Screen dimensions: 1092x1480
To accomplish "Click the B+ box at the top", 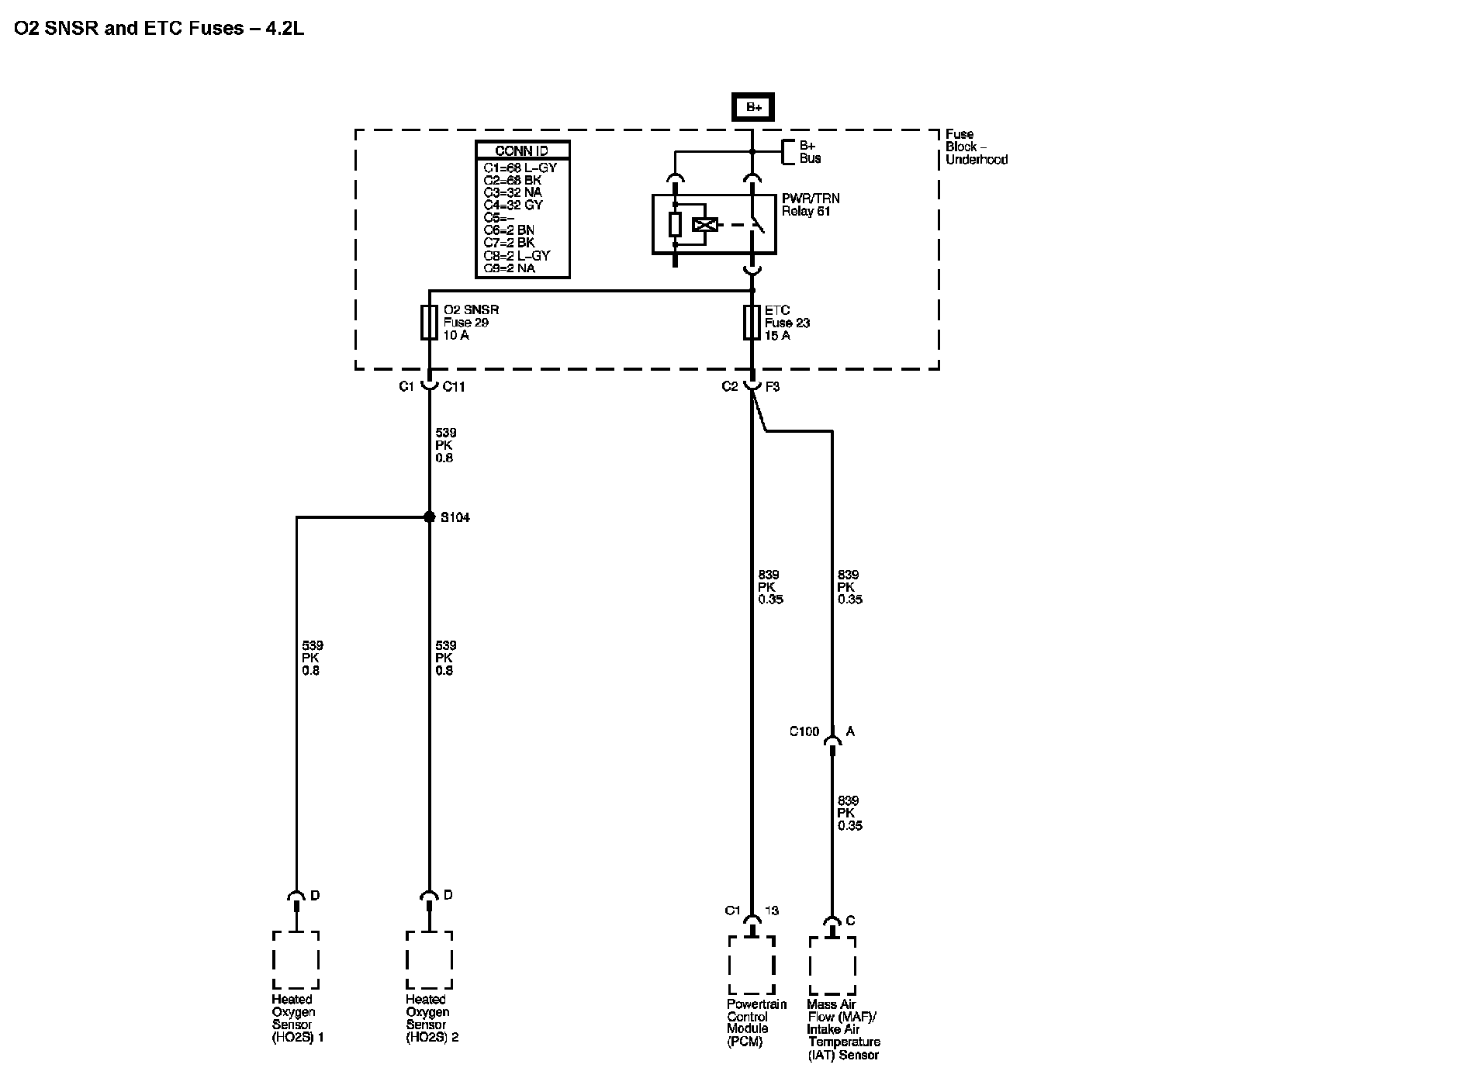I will (x=752, y=107).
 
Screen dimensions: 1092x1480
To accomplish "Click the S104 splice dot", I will (x=430, y=517).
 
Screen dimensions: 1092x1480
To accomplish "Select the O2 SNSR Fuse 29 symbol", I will (x=429, y=322).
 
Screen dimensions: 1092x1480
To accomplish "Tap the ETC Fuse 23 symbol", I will (x=752, y=322).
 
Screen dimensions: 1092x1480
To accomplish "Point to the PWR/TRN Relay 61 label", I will (x=810, y=205).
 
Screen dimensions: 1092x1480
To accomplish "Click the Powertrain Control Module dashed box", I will (x=751, y=965).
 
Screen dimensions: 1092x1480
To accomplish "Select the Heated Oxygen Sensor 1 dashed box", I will (x=296, y=960).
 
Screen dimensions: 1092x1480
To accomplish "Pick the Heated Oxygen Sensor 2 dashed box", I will (x=429, y=960).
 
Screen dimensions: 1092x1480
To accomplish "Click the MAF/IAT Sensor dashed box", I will (x=832, y=966).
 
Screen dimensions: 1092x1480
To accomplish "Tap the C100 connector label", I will (x=804, y=731).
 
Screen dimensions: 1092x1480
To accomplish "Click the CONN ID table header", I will (x=522, y=150).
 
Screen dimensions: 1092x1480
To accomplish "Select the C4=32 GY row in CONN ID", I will (x=513, y=205).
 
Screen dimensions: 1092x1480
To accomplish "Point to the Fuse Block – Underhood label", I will (x=976, y=147).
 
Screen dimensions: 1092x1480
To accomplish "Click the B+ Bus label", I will (x=810, y=152).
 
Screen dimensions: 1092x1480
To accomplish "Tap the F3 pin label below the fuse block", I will (x=773, y=386).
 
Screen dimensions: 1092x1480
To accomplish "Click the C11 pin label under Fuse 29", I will (x=454, y=386).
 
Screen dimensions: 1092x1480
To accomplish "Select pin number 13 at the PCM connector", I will (x=772, y=911).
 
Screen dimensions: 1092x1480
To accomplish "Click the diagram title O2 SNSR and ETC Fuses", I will (x=159, y=29).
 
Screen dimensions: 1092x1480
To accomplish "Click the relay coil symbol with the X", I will (x=704, y=225).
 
